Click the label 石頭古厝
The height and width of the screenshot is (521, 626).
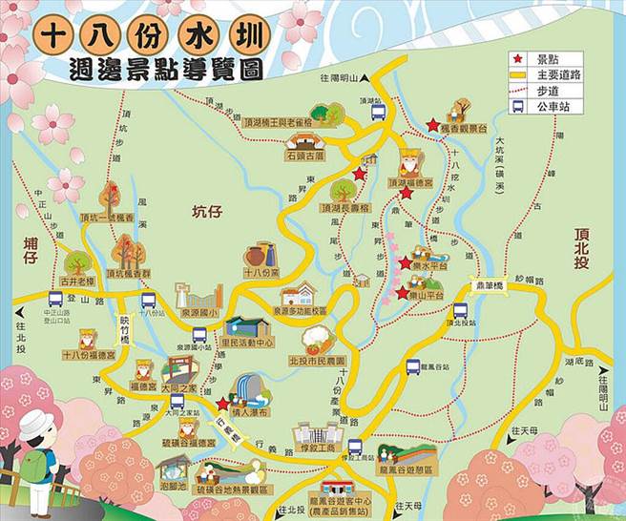pos(305,153)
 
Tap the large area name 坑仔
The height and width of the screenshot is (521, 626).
pos(205,211)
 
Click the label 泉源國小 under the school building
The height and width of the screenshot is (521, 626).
pos(200,311)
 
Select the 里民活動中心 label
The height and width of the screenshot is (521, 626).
pos(247,341)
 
